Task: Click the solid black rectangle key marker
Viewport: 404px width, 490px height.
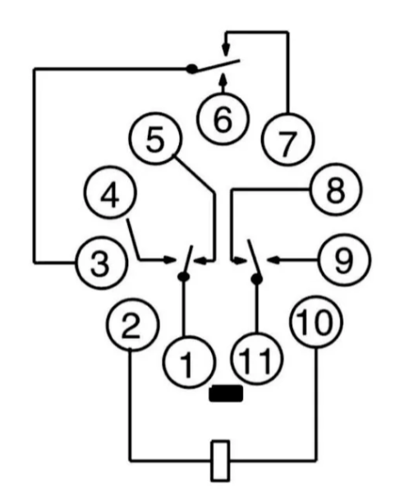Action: (226, 393)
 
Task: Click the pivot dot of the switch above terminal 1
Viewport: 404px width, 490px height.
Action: (184, 277)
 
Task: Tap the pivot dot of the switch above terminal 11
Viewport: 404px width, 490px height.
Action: (257, 278)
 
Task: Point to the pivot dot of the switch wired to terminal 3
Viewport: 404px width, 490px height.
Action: (191, 68)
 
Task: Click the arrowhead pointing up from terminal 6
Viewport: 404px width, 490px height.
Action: (223, 79)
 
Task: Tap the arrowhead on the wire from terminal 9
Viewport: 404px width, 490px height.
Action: (273, 259)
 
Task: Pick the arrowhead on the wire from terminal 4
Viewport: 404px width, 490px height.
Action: (169, 259)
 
